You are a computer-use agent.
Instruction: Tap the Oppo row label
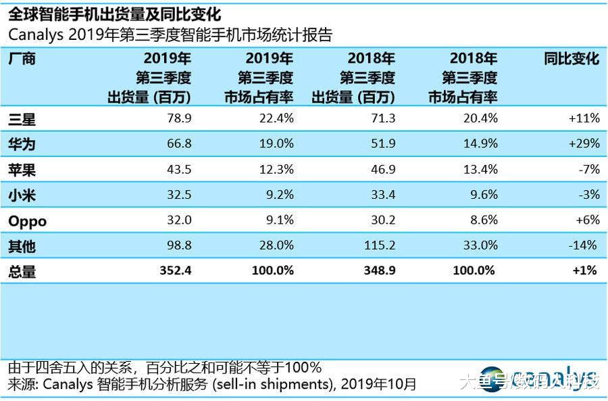point(28,221)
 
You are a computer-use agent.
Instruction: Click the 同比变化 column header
point(572,59)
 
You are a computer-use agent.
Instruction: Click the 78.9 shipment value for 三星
point(177,119)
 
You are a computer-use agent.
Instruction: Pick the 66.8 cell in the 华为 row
point(177,144)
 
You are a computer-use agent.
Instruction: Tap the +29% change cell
point(584,144)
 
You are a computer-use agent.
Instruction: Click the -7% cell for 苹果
point(588,170)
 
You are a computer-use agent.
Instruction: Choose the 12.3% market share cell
point(276,170)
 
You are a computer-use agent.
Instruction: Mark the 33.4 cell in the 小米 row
point(382,195)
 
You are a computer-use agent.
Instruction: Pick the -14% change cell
point(584,245)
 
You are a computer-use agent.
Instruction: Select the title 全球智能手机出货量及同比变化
point(115,14)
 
